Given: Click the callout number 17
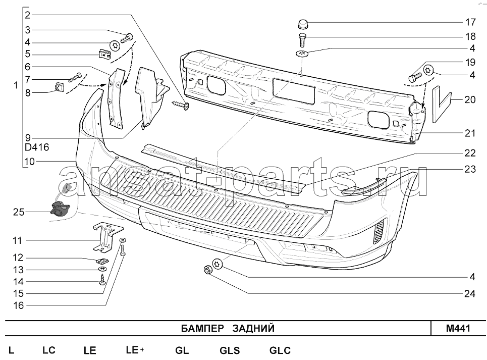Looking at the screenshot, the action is coord(470,22).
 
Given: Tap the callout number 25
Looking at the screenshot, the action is coord(19,212).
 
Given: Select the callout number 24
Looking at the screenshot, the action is coord(470,293).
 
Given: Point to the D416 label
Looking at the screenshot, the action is coord(37,147).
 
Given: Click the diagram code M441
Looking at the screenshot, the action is coord(458,328).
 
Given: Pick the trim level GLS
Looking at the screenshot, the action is coord(230,351).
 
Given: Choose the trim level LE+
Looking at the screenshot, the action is coord(135,350).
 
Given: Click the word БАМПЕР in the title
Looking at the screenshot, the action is coord(202,328).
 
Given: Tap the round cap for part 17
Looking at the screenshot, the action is coord(303,24).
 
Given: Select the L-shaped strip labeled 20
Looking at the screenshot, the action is coord(441,104).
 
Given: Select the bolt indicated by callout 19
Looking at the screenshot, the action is coord(415,76).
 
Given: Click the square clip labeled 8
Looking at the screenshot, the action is coord(58,87).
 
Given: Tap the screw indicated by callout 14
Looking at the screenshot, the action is coord(101,280).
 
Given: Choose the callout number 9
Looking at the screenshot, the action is coord(28,138).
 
